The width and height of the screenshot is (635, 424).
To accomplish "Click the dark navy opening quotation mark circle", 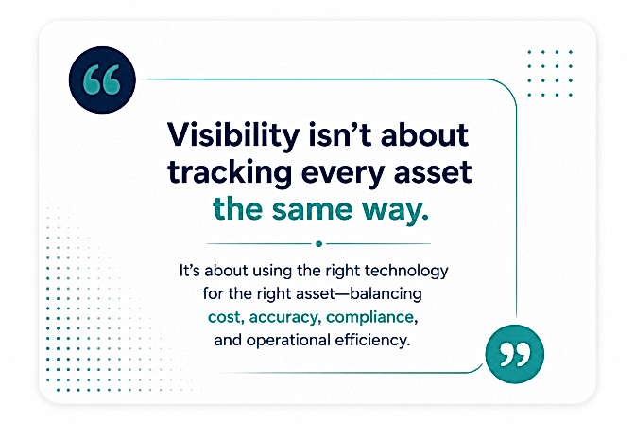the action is pos(102,79).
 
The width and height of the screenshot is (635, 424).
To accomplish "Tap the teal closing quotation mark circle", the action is pos(515,354).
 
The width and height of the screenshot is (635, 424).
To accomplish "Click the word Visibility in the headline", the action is pos(233,136).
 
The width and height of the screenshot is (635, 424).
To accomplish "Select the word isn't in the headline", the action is pos(340,134).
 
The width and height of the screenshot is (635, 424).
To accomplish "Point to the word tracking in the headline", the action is pos(230,173).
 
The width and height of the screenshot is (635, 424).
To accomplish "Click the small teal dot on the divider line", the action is pos(318,244).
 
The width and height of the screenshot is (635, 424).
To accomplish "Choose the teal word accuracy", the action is pos(284,318).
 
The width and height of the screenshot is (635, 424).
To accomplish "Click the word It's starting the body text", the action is pos(190,271).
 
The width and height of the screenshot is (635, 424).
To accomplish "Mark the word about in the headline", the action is pos(424,134).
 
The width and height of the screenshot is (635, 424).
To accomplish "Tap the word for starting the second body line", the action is pos(213,293).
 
